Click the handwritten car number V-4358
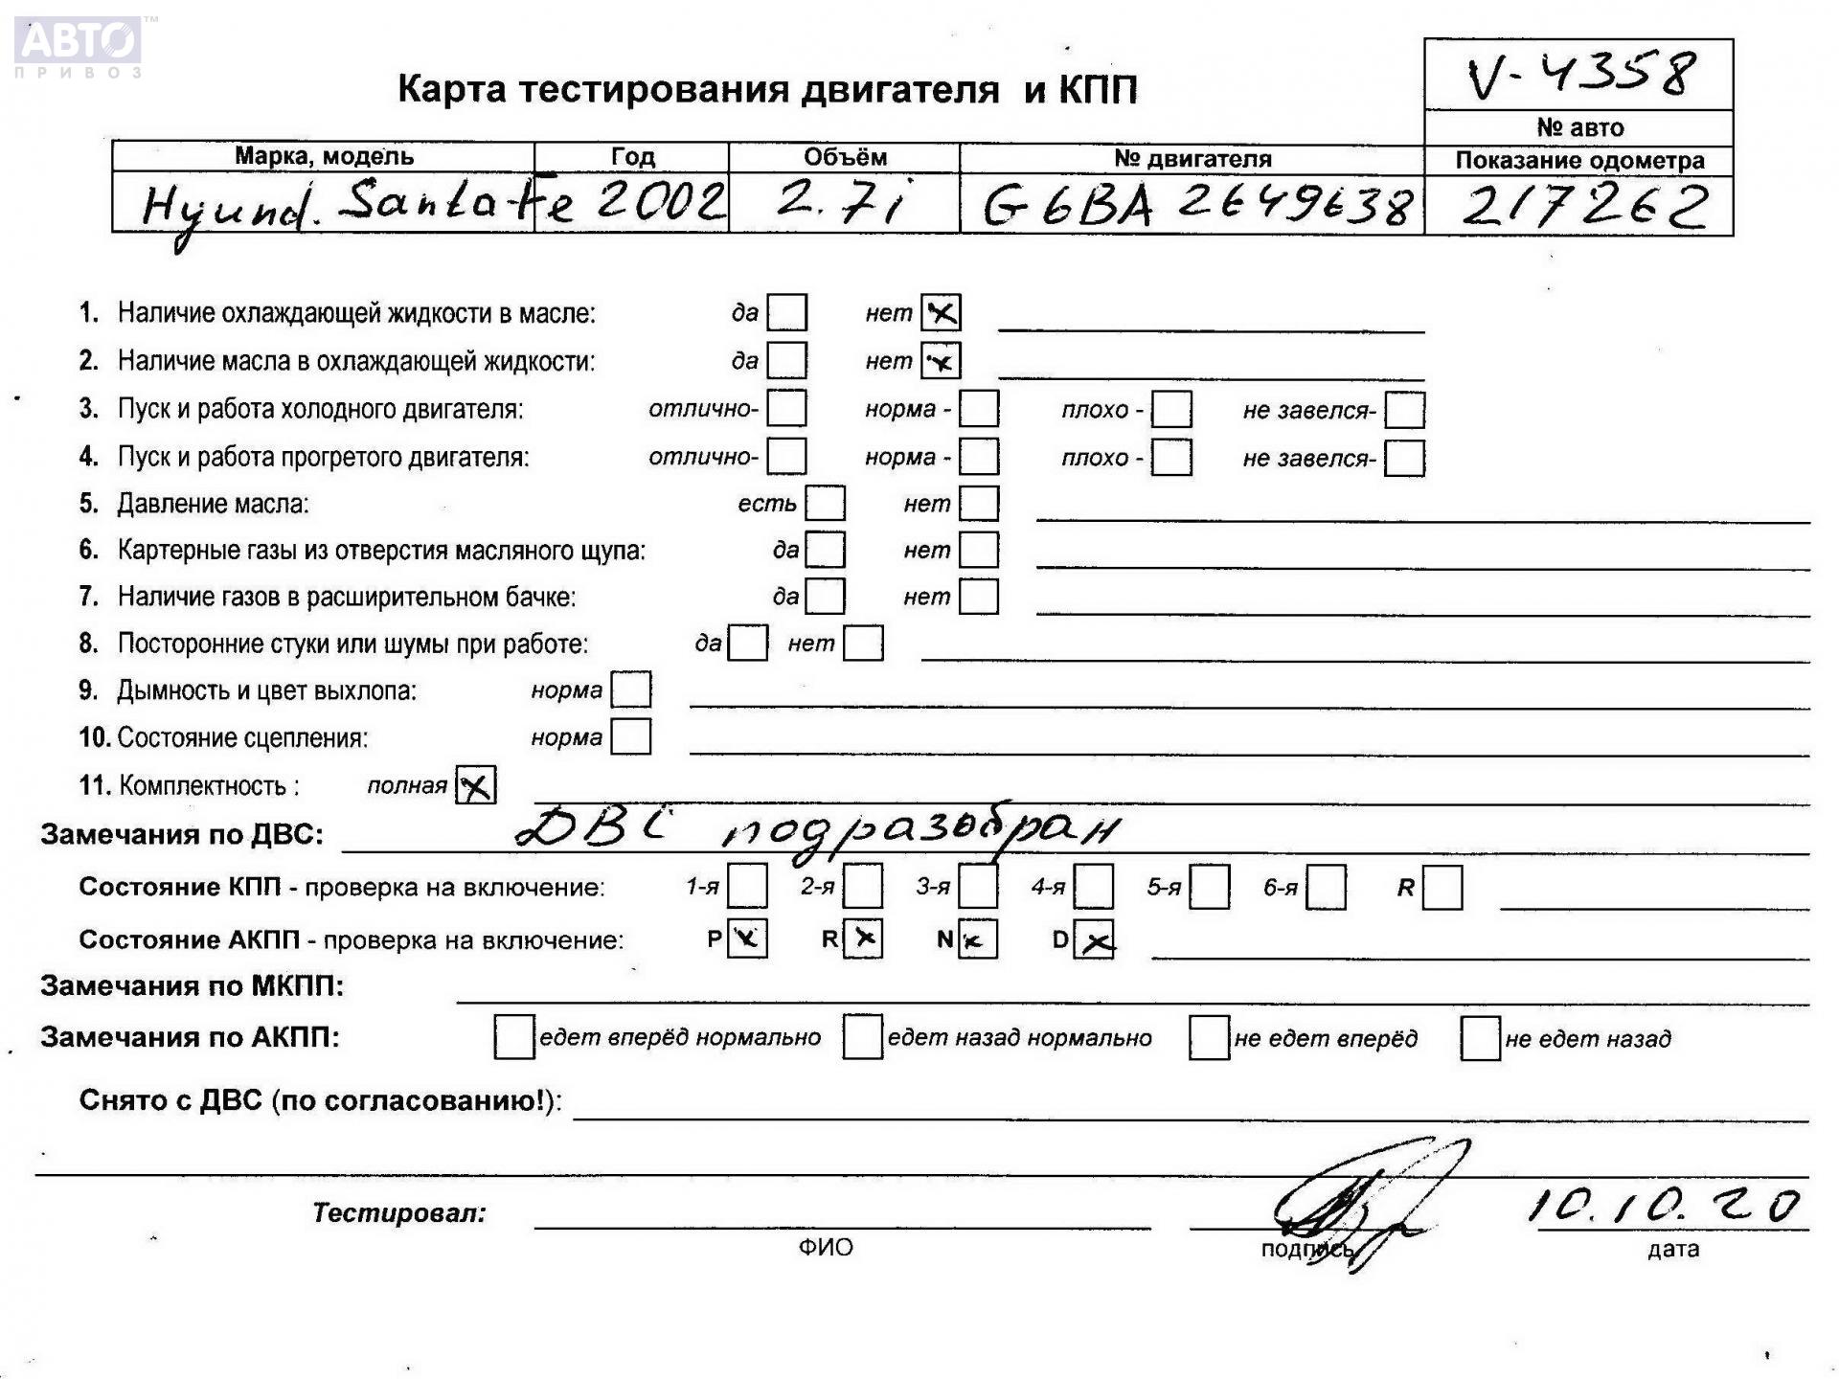click(1581, 75)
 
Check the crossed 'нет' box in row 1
click(941, 312)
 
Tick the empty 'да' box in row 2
click(787, 361)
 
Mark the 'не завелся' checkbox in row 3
click(1404, 410)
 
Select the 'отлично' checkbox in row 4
click(787, 457)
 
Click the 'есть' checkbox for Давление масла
click(826, 504)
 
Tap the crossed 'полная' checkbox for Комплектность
click(476, 785)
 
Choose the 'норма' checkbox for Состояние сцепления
click(631, 737)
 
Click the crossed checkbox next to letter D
click(1094, 939)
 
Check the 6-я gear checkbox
click(1327, 887)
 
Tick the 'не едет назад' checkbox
click(1480, 1039)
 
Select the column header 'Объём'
click(845, 157)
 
